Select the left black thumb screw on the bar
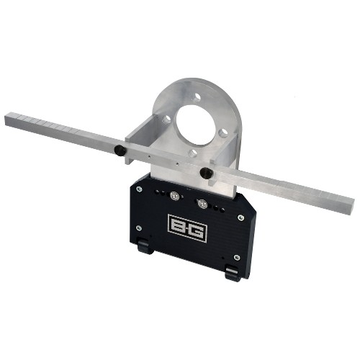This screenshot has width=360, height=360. coord(118,150)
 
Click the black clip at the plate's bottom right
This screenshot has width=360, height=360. coord(232,273)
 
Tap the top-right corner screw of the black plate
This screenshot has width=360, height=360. coord(240,217)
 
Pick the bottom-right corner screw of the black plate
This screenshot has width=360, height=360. coord(238,257)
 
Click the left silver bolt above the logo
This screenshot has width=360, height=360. coord(174,195)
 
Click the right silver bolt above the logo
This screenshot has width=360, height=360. coord(202,204)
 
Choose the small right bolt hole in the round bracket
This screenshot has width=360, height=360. coord(222,133)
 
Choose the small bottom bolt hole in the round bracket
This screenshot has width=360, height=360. coord(193,153)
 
